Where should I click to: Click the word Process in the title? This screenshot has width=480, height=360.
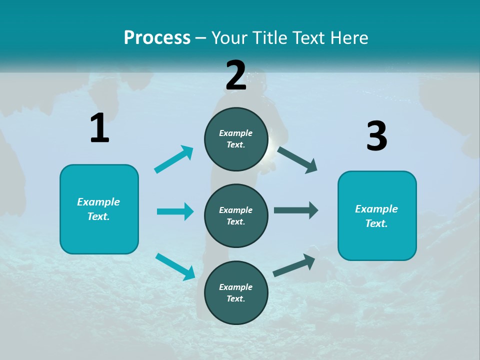[157, 37]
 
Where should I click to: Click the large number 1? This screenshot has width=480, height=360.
[99, 128]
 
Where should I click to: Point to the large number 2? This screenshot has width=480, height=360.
[236, 75]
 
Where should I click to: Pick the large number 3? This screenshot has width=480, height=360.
[376, 136]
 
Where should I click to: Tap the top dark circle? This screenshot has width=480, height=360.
[236, 139]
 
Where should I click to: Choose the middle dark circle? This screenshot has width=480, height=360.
[236, 215]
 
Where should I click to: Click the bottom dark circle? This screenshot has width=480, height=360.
[236, 292]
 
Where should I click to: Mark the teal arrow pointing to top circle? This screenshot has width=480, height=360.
[174, 159]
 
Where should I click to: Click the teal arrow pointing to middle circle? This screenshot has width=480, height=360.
[175, 211]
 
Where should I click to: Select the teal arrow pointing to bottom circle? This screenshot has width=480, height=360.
[175, 266]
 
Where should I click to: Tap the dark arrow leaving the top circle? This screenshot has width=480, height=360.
[297, 159]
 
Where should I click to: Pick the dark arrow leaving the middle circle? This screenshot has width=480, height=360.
[296, 210]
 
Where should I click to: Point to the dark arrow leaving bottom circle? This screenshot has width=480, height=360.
[294, 265]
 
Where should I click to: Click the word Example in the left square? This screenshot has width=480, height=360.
[98, 202]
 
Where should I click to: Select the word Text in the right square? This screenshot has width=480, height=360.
[375, 223]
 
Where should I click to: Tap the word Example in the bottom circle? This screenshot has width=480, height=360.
[236, 287]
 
